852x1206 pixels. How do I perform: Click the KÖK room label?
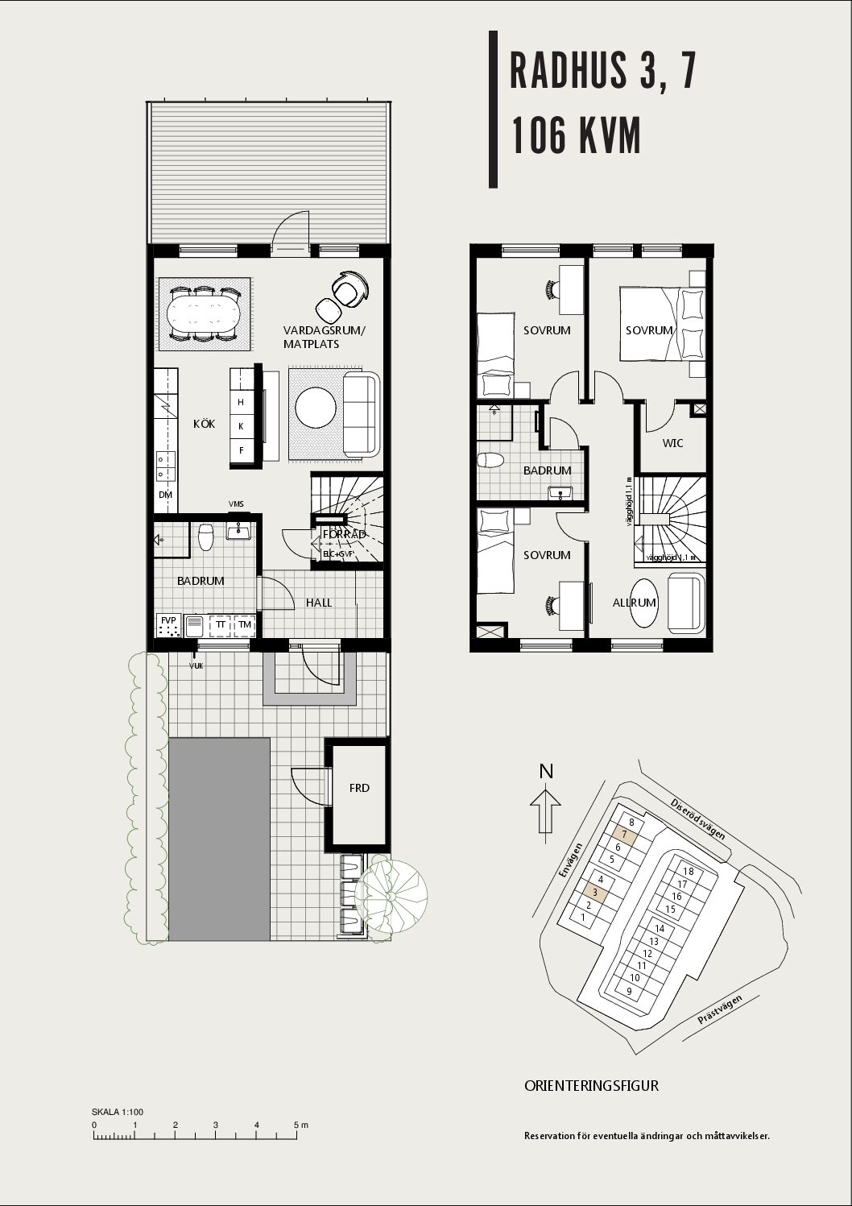pyautogui.click(x=204, y=424)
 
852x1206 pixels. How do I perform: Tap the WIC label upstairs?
pyautogui.click(x=672, y=443)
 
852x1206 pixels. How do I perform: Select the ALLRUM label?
pyautogui.click(x=634, y=603)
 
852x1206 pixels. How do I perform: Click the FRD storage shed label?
pyautogui.click(x=359, y=788)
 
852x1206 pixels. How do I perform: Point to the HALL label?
pyautogui.click(x=319, y=603)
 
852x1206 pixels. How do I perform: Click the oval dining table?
pyautogui.click(x=204, y=314)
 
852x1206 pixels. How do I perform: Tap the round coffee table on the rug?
pyautogui.click(x=316, y=408)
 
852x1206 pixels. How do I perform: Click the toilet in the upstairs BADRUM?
pyautogui.click(x=490, y=460)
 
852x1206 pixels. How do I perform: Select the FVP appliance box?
pyautogui.click(x=169, y=626)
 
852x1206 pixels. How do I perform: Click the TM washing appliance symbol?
pyautogui.click(x=245, y=625)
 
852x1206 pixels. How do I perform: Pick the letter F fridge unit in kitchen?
pyautogui.click(x=241, y=450)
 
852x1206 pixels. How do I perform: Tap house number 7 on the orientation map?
pyautogui.click(x=624, y=835)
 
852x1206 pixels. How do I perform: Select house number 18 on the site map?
pyautogui.click(x=688, y=871)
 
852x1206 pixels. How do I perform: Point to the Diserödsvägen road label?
pyautogui.click(x=697, y=819)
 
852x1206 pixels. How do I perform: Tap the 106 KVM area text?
pyautogui.click(x=576, y=135)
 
